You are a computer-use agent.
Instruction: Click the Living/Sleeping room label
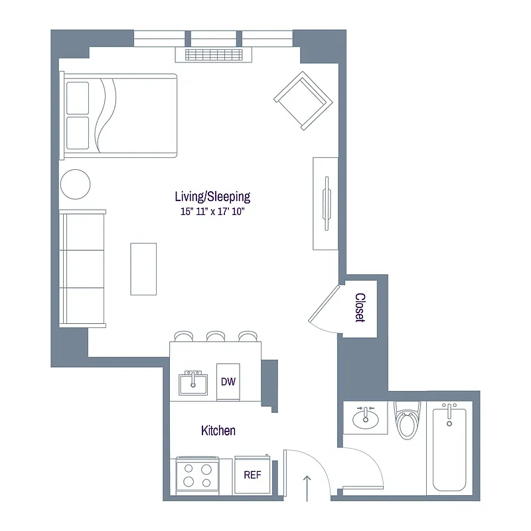(x=212, y=196)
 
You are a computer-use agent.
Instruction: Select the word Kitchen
(x=218, y=431)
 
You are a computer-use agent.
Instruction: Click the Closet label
(x=360, y=307)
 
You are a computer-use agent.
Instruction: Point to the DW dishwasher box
(x=228, y=382)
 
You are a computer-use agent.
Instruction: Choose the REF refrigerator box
(x=252, y=475)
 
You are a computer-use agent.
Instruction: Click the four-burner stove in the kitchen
(x=198, y=475)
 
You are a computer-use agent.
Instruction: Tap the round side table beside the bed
(x=75, y=184)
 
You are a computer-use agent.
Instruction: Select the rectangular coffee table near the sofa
(x=143, y=268)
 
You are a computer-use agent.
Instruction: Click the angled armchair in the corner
(x=302, y=101)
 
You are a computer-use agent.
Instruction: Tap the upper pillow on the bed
(x=78, y=98)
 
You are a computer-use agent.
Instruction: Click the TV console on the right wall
(x=326, y=203)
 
